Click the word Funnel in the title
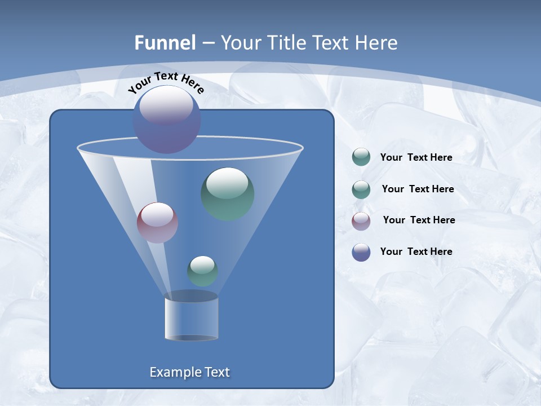[165, 43]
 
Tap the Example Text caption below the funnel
[189, 372]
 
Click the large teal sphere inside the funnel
[227, 194]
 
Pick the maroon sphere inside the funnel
[157, 223]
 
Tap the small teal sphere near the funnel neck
[202, 271]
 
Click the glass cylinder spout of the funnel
[191, 319]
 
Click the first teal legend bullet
[361, 157]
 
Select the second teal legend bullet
[361, 189]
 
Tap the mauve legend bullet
[361, 221]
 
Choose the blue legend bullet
[361, 252]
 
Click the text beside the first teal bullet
[416, 157]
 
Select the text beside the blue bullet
[416, 251]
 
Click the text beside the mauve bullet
[419, 220]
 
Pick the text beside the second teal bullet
[418, 189]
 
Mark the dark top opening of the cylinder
[191, 296]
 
